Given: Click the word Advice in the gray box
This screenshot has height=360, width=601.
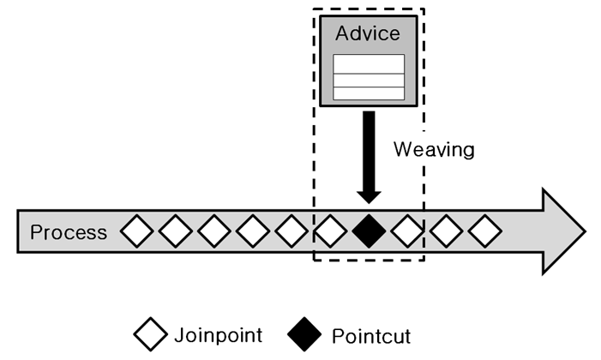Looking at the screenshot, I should (368, 34).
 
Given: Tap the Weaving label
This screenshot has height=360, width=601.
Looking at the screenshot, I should (433, 149).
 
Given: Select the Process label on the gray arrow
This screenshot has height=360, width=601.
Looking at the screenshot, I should (69, 232).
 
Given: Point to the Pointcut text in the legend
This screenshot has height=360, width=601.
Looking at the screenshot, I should (371, 334).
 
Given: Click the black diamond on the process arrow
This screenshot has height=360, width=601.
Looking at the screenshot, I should (369, 231).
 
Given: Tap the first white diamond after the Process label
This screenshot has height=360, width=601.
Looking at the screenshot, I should (136, 231).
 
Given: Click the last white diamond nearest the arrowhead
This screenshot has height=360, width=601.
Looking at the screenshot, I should (485, 231).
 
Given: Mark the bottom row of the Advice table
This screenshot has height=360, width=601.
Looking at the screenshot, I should (368, 93).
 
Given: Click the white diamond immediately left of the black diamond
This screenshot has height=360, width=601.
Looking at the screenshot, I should (330, 231).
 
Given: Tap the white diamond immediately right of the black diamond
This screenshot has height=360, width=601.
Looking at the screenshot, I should (407, 231).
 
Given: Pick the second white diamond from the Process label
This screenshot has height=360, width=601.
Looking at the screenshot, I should (175, 231).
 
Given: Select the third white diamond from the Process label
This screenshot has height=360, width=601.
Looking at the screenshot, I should (213, 231).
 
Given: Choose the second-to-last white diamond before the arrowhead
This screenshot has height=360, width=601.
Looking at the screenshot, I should (447, 231).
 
